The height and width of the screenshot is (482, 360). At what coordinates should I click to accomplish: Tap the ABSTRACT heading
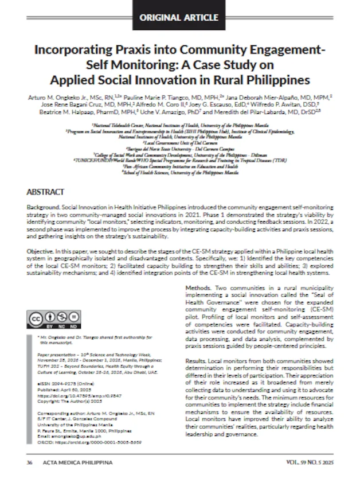tap(45, 192)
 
